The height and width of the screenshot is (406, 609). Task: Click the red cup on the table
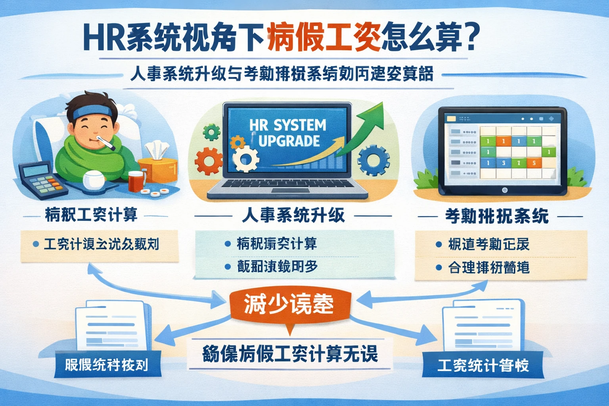pos(135,181)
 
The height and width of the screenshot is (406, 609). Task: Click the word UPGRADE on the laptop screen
pos(289,141)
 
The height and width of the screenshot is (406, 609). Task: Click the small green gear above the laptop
pos(211,132)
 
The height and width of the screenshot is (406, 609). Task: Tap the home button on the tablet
pos(504,190)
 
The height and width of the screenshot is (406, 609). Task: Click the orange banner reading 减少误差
pos(289,304)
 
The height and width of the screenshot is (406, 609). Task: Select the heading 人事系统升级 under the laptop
pos(293,216)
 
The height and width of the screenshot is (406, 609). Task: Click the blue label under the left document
pos(107,364)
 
